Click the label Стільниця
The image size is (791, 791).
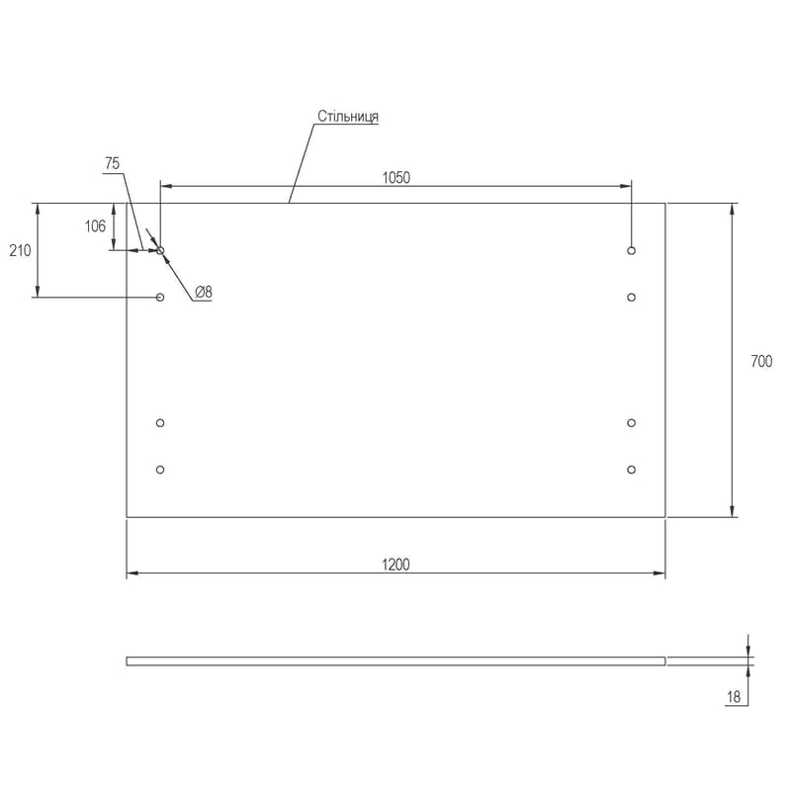tap(348, 117)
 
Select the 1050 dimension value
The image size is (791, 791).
tap(396, 178)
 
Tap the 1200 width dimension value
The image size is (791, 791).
tap(395, 565)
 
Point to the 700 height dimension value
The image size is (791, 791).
tap(761, 361)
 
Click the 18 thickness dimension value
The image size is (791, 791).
tap(733, 697)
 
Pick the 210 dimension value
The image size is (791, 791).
tap(20, 250)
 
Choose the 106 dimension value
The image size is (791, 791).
tap(95, 226)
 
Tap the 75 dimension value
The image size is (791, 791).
tap(112, 163)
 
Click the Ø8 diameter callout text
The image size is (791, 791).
tap(204, 292)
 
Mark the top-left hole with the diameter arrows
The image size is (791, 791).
tap(160, 250)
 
